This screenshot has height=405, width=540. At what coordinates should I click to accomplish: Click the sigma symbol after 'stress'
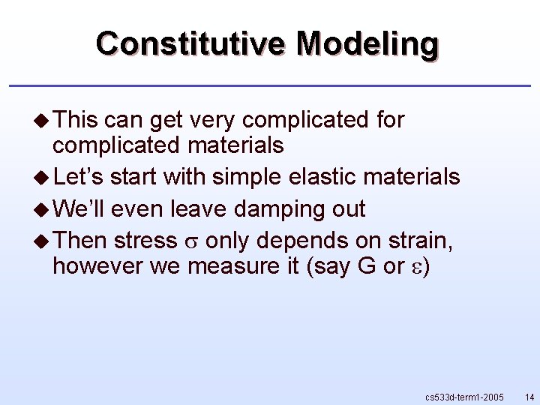pos(190,243)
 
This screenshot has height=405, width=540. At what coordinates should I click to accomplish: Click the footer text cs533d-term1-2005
pos(463,395)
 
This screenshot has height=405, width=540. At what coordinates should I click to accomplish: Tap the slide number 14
pos(529,395)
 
